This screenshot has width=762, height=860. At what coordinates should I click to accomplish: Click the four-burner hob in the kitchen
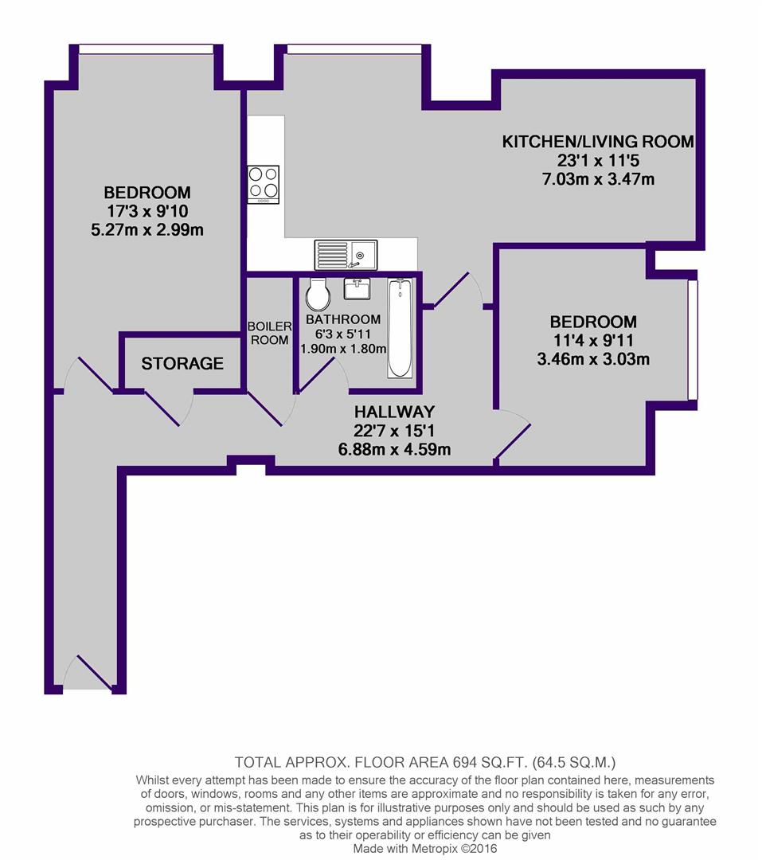click(x=264, y=184)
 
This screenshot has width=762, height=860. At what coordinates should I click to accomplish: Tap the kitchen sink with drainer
click(x=346, y=255)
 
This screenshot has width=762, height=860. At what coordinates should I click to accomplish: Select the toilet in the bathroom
click(x=318, y=295)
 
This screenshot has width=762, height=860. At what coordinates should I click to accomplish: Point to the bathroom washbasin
click(x=358, y=288)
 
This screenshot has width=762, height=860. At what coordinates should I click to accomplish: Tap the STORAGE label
click(x=182, y=363)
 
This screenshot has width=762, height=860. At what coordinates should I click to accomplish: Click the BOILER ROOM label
click(x=269, y=333)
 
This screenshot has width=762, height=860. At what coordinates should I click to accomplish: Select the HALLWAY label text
click(x=394, y=412)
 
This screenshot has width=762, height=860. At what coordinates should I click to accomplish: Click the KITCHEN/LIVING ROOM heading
click(x=598, y=142)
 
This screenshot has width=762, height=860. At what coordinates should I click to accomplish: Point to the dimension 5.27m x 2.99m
click(x=147, y=229)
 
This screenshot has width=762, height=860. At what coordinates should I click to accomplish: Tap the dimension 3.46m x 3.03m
click(x=593, y=359)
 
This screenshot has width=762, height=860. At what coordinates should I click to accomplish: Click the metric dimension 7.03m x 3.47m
click(x=599, y=179)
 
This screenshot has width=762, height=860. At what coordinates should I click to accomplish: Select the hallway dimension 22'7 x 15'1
click(x=394, y=431)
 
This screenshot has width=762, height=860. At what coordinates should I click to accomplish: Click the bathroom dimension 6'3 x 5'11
click(x=343, y=334)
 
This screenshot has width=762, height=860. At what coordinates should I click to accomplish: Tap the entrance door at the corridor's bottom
click(x=88, y=672)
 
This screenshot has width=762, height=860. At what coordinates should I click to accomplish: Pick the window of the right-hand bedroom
click(x=694, y=340)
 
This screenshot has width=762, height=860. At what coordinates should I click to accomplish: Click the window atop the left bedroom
click(x=146, y=49)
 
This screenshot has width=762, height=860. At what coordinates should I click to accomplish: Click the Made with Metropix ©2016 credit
click(x=425, y=849)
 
